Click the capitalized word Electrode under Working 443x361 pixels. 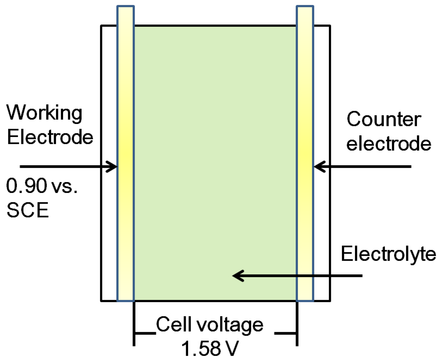[50, 137]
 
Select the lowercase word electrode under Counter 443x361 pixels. [389, 144]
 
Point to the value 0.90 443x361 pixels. [27, 186]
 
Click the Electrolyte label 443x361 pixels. [388, 254]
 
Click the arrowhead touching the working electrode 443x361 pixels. [113, 167]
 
